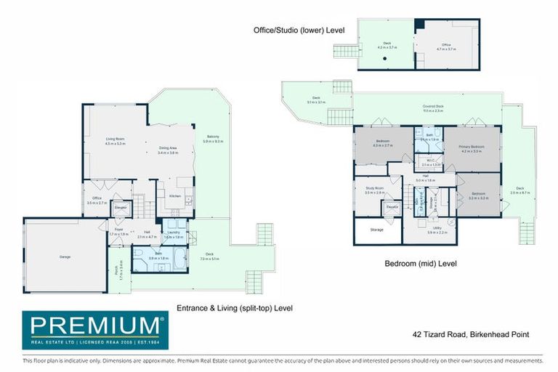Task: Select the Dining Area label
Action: pos(169,150)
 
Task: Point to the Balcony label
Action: pos(213,139)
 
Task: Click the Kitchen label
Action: pos(175,196)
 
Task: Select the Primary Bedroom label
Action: pos(471,148)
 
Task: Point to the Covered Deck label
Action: pos(434,108)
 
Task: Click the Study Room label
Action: pos(374,190)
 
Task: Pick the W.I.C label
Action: pos(431,163)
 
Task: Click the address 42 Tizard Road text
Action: pos(465,334)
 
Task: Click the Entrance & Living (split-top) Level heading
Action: pos(235,308)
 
